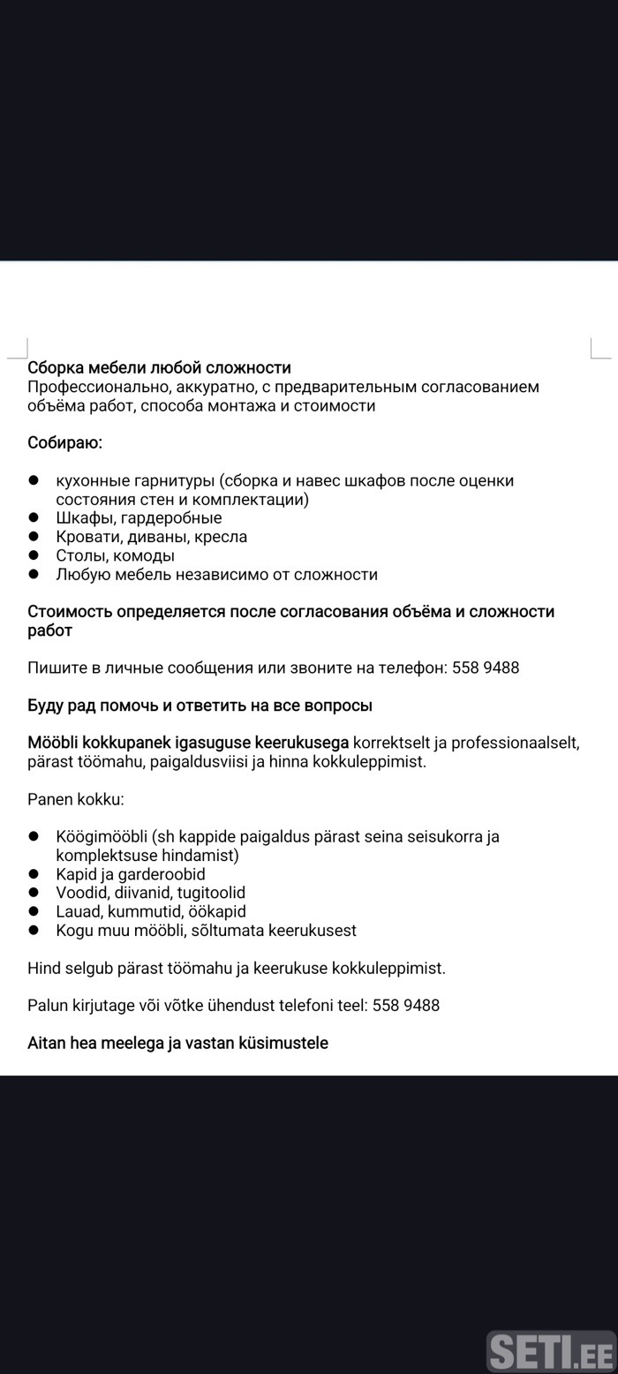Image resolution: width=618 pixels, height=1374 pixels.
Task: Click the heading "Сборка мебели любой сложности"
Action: [159, 367]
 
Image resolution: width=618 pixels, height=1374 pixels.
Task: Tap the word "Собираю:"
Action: [64, 442]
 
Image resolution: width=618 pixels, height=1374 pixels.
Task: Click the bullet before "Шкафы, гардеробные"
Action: [34, 517]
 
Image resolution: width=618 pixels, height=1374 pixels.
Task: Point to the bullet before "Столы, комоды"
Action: [34, 555]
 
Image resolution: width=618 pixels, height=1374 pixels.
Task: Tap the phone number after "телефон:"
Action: [486, 668]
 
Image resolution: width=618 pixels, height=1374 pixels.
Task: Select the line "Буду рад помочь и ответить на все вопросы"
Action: [200, 705]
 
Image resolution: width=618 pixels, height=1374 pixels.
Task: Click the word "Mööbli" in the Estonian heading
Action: [53, 743]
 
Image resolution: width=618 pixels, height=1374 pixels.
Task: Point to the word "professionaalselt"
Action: [515, 743]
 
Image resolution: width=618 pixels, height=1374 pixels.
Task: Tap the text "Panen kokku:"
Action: [76, 799]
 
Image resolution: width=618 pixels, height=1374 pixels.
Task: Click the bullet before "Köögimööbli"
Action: [34, 836]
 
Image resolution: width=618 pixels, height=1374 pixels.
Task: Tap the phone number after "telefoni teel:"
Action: [406, 1005]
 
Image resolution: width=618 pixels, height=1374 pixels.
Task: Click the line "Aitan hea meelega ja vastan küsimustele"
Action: [177, 1043]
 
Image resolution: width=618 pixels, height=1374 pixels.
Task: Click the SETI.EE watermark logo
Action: [551, 1351]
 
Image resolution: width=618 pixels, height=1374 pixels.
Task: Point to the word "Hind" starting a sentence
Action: [43, 968]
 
